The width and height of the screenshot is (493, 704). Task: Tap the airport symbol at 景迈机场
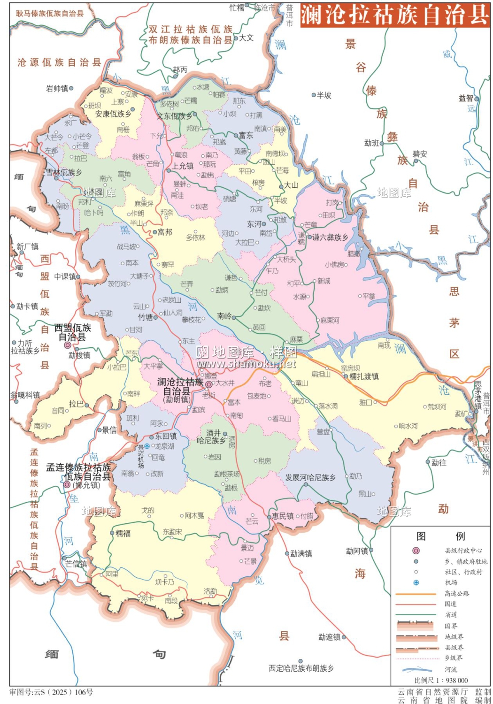tap(147, 446)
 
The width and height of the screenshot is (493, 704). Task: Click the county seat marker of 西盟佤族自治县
tap(68, 345)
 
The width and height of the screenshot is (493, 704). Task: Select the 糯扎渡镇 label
tap(364, 376)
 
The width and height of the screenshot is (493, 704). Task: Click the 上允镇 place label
tap(183, 166)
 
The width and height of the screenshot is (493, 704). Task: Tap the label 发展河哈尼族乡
tap(310, 477)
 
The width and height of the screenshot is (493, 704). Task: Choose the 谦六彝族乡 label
tap(330, 237)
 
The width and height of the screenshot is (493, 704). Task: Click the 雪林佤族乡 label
tap(64, 172)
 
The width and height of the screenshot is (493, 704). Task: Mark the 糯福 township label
tap(123, 533)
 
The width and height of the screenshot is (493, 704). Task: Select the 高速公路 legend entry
tap(456, 593)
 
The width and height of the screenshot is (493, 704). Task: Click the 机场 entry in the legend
tap(451, 582)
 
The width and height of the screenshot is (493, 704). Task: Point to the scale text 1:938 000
tap(441, 680)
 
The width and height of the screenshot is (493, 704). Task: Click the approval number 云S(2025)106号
tap(52, 692)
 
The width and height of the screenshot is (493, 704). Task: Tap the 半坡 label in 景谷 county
tap(324, 95)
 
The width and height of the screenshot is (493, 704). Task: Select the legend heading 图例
tap(440, 536)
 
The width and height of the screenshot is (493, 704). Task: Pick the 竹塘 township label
tap(145, 317)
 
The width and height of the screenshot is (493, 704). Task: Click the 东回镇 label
tap(166, 436)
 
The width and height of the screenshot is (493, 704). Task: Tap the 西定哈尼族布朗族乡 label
tap(301, 668)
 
